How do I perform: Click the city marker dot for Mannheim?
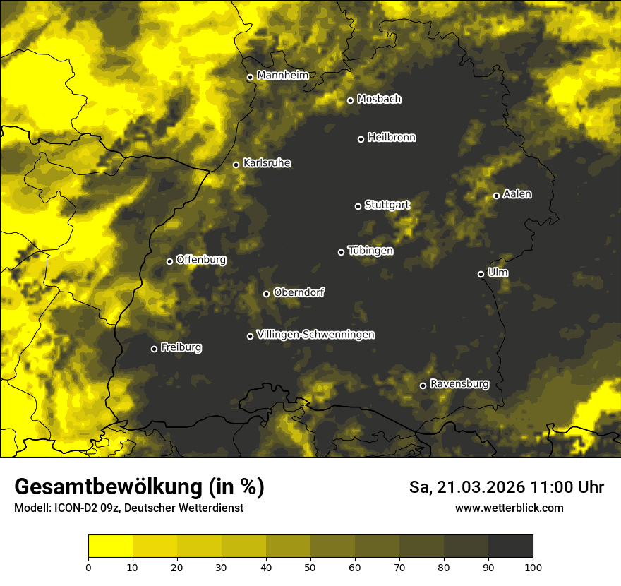pos(250,78)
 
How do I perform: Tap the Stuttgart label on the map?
pos(387,205)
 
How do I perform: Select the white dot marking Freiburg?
pos(154,349)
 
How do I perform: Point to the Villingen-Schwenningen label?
pos(315,335)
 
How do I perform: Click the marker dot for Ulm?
pos(481,274)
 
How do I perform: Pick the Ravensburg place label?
pos(459,384)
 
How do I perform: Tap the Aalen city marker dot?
pos(496,196)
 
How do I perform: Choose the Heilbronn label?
pos(392,138)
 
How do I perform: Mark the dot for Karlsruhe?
pos(236,165)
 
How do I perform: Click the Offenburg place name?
pos(201,260)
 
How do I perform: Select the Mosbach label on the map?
pos(379,100)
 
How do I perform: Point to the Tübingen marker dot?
pos(341,252)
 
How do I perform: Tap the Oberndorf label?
pos(299,292)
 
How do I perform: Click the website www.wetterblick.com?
pos(509,508)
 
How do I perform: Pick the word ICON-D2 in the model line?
pos(72,508)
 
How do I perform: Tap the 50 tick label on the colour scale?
pos(310,566)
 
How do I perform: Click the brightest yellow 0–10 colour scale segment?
pos(110,546)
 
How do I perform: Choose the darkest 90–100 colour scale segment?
pos(510,546)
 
